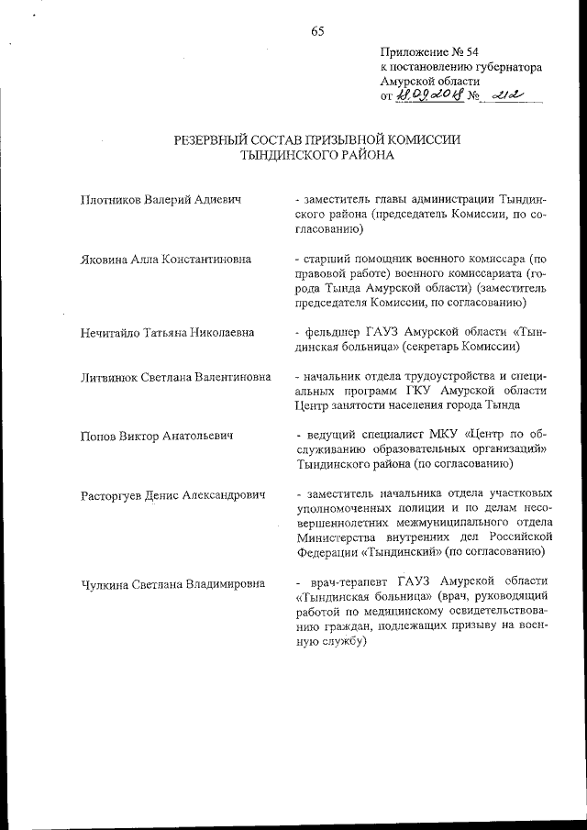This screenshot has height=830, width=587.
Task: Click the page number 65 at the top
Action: (317, 31)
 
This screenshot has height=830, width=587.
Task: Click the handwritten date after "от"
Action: (428, 94)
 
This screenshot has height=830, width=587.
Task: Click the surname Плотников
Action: (111, 199)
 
